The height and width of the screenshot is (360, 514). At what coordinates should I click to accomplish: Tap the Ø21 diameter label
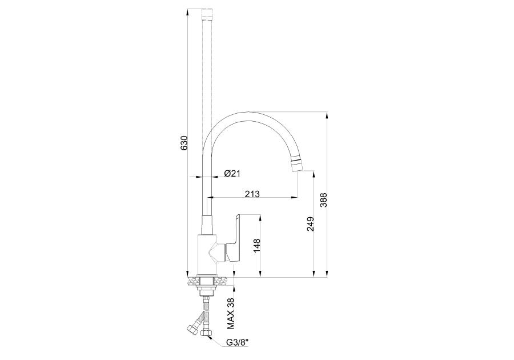[x=232, y=174]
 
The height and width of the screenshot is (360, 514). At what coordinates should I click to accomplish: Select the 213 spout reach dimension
[x=252, y=194]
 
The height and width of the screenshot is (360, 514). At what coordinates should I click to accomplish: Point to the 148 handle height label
[x=256, y=246]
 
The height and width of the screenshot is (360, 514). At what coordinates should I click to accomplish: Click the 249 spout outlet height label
[x=311, y=224]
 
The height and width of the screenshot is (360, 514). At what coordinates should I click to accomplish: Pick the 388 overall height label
[x=324, y=199]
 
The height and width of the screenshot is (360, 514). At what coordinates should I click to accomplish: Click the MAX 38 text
[x=231, y=314]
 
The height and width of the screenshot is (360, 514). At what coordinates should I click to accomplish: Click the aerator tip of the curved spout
[x=296, y=164]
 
